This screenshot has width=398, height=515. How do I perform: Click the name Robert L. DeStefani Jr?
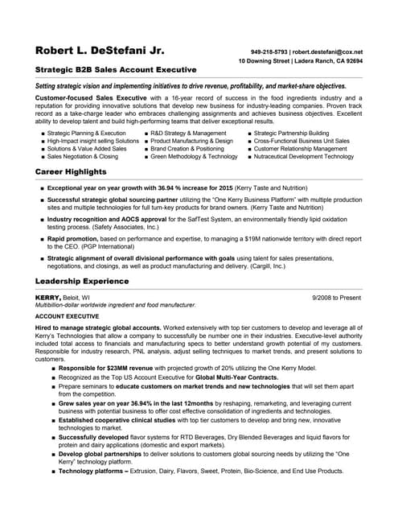pos(100,51)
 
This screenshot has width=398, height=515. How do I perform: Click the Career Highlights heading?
pos(71,172)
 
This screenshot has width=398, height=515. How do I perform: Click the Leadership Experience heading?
pos(82,281)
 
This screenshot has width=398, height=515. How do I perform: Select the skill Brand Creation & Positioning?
pos(187,149)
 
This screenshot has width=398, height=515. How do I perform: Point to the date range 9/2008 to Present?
pos(337,297)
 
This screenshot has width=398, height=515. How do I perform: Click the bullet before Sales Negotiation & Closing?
pos(42,157)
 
